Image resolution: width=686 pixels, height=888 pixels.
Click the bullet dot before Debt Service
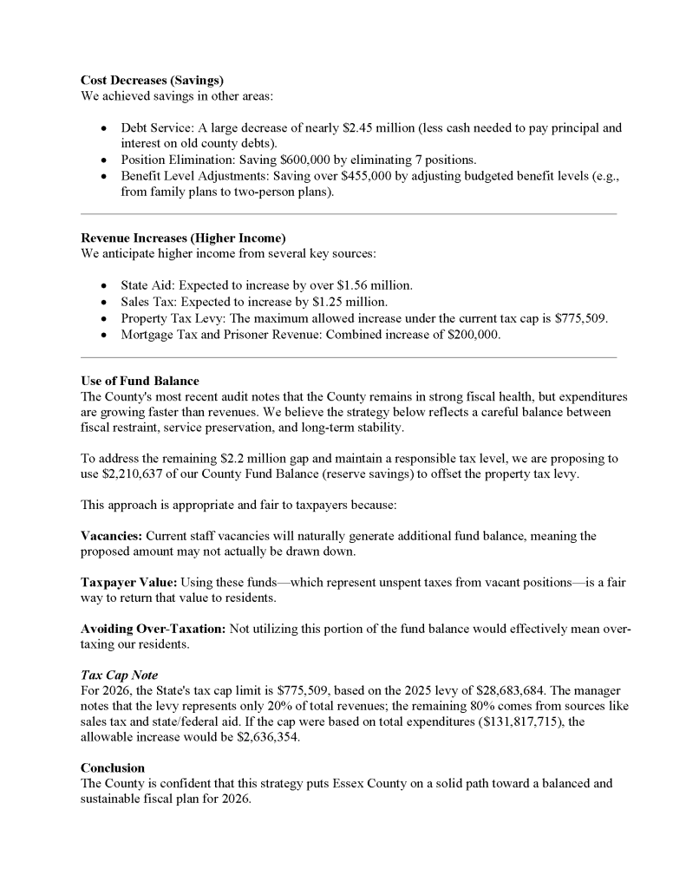[104, 128]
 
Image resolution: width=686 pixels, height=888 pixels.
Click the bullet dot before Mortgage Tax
[104, 335]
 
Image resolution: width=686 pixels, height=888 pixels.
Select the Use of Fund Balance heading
[140, 381]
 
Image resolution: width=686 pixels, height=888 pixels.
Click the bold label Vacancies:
[111, 536]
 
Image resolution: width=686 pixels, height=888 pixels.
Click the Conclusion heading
[113, 767]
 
